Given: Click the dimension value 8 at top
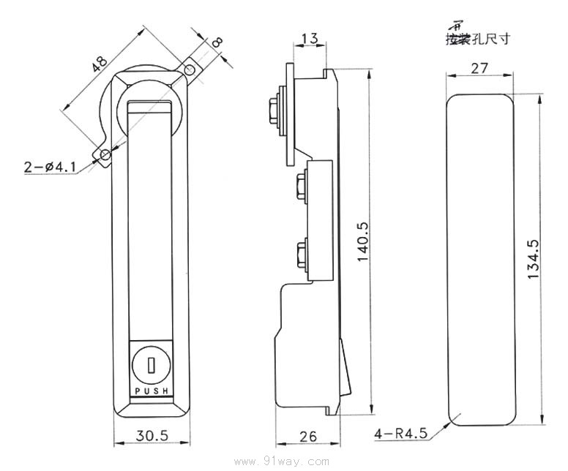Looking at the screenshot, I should [x=217, y=43].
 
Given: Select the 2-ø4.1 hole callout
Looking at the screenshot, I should [x=50, y=167].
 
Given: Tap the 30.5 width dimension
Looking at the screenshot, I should [x=152, y=435].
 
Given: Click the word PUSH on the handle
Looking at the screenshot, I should [x=152, y=392].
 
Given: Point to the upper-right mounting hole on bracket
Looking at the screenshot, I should [x=190, y=70].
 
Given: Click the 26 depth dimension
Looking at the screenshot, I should [x=308, y=437].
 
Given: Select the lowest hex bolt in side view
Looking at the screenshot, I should [x=300, y=254].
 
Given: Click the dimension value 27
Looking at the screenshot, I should [x=479, y=68].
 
